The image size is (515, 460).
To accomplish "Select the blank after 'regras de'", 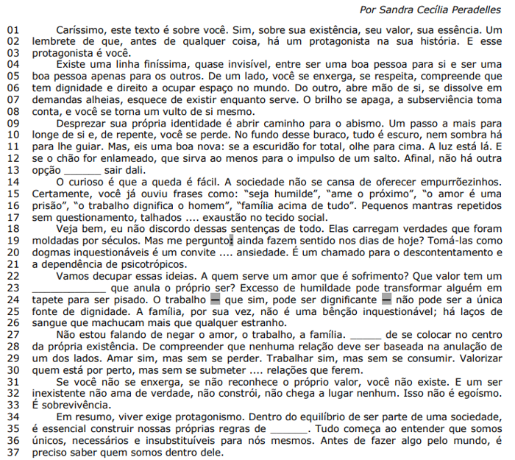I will pos(288,429).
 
